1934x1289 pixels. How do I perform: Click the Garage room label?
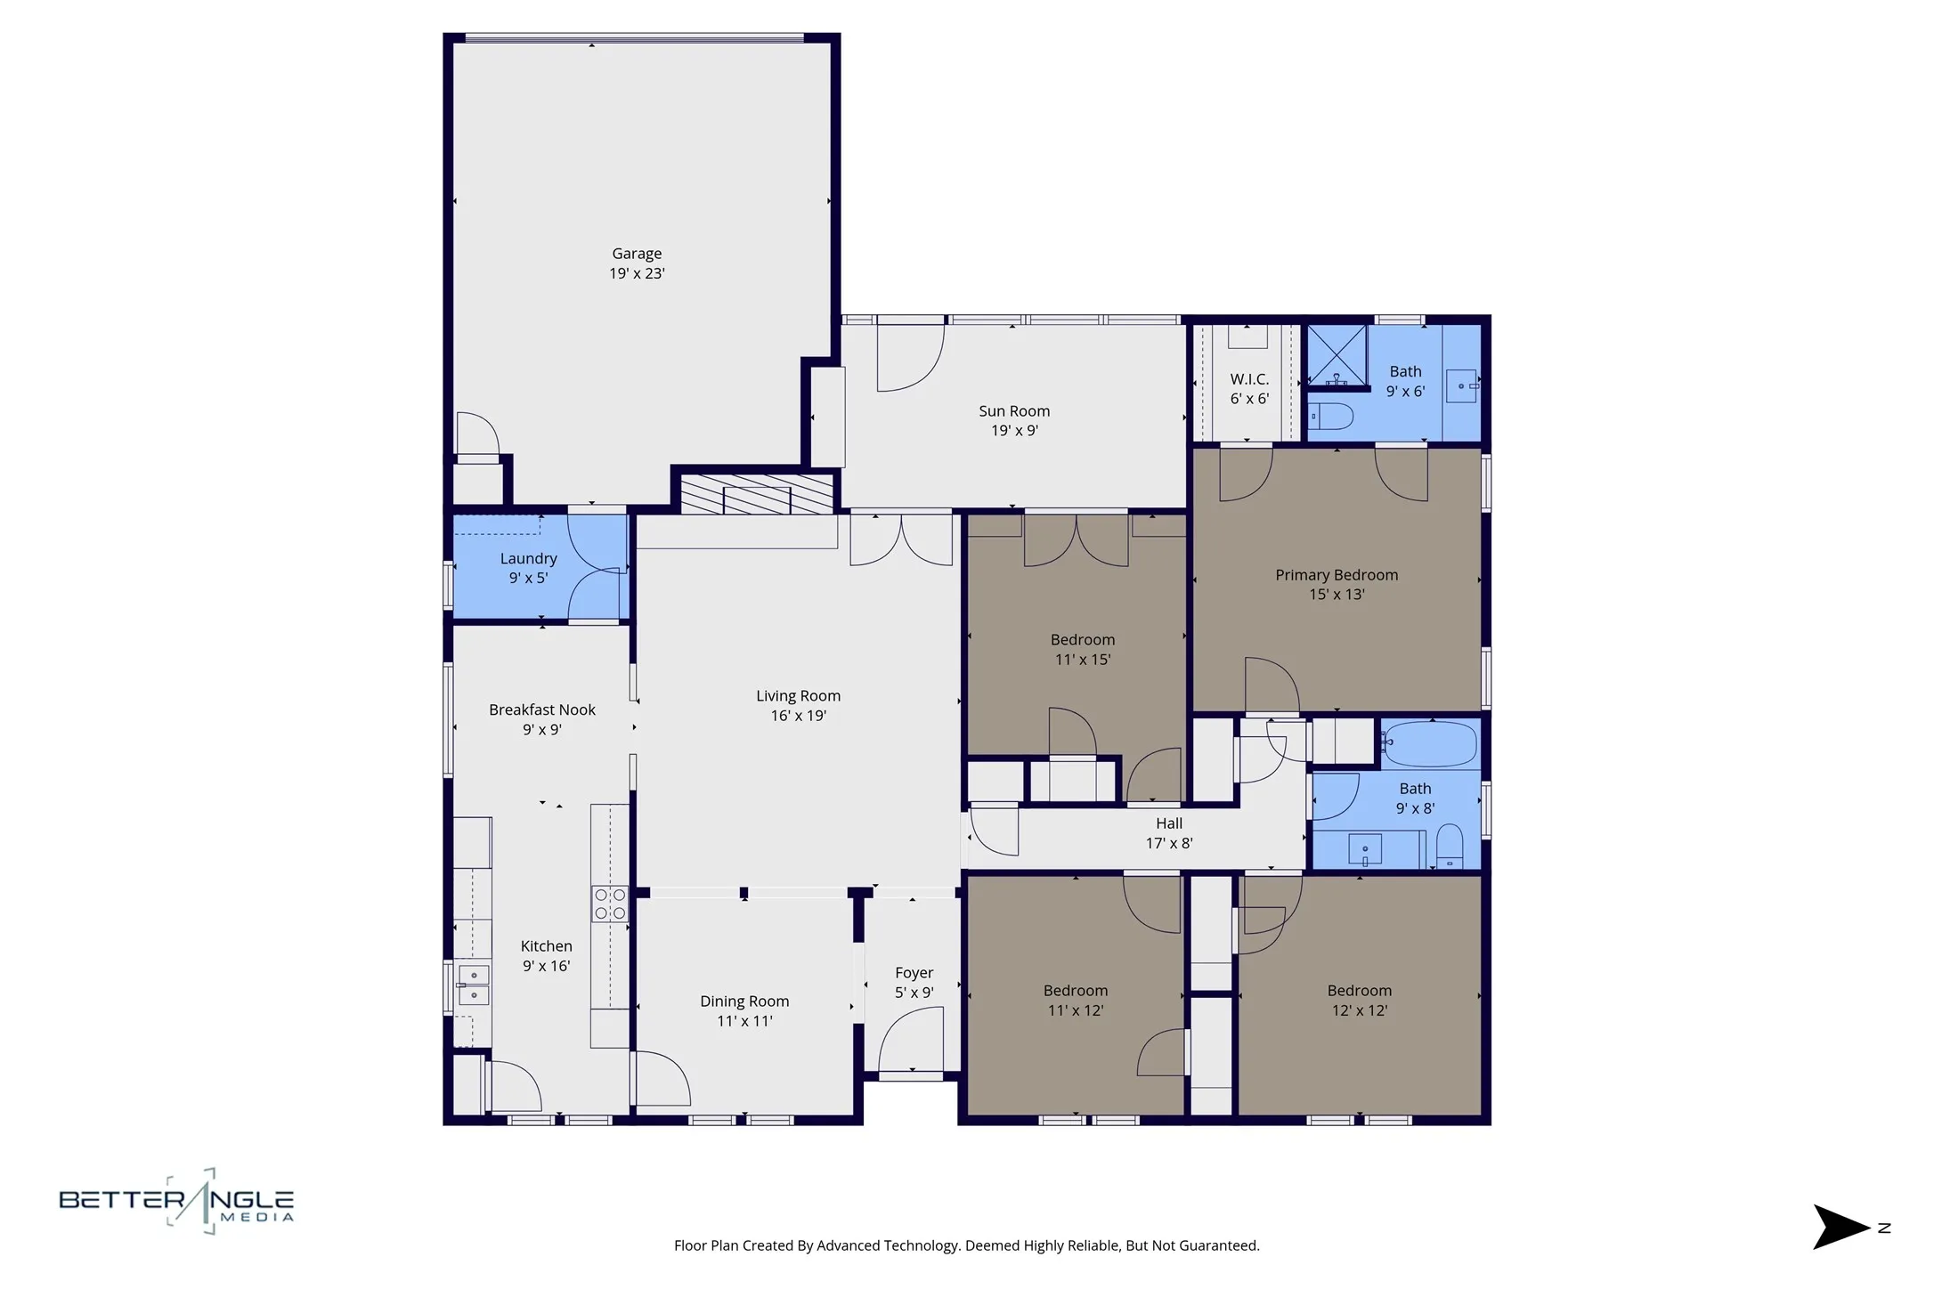point(636,254)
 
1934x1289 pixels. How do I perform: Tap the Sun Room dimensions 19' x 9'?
point(1014,431)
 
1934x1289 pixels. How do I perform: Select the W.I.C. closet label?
point(1249,379)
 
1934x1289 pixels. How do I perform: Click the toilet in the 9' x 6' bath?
point(1330,416)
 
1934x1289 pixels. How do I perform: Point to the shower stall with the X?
point(1336,354)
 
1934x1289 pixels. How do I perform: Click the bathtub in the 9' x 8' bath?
point(1431,744)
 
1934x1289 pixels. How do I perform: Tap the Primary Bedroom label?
point(1336,575)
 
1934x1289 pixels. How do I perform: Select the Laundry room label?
point(528,559)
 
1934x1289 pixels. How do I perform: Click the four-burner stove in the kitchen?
point(610,904)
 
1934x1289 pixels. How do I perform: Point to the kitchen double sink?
point(474,985)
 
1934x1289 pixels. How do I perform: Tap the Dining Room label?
point(744,1001)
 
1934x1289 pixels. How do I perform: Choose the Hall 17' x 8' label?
point(1168,833)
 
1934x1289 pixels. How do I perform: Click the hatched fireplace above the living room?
point(756,494)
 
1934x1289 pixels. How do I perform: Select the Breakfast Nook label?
point(541,710)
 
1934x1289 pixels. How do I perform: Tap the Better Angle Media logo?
point(176,1202)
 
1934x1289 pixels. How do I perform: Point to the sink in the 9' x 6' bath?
point(1460,386)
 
